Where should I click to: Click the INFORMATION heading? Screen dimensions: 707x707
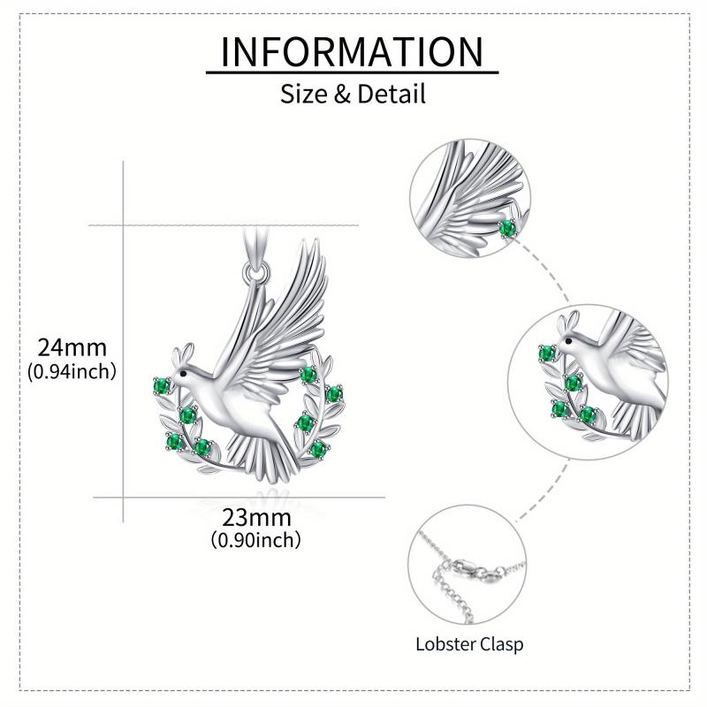coord(353,52)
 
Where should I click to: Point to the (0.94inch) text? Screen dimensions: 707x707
coord(72,371)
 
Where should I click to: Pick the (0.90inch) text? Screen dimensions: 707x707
coord(256,538)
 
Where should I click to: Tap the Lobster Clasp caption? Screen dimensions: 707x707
coord(469,643)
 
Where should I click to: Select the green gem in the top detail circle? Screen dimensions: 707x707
coord(507,229)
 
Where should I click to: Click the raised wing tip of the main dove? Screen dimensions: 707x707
coord(315,247)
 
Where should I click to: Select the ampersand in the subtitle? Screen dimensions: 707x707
coord(341,93)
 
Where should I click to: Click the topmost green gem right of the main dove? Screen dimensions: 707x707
coord(308,375)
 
